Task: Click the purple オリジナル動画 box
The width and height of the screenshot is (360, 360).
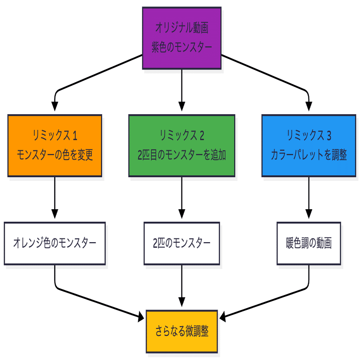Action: pyautogui.click(x=181, y=38)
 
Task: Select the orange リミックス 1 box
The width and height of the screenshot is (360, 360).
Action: pyautogui.click(x=55, y=145)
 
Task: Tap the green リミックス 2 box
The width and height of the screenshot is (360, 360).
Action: pyautogui.click(x=181, y=145)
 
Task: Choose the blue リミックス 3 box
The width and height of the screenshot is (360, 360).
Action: pyautogui.click(x=309, y=145)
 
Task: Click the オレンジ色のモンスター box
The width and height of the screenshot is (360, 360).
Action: pyautogui.click(x=55, y=243)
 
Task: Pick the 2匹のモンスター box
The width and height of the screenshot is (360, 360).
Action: pyautogui.click(x=181, y=243)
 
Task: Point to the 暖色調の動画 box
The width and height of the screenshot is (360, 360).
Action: pyautogui.click(x=309, y=243)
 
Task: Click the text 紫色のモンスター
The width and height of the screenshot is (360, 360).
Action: pyautogui.click(x=181, y=47)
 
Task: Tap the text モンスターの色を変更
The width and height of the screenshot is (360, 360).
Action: pyautogui.click(x=55, y=155)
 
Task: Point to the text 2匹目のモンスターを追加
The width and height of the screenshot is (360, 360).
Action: pyautogui.click(x=181, y=155)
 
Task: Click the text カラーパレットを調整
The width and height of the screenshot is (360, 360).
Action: pyautogui.click(x=309, y=155)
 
